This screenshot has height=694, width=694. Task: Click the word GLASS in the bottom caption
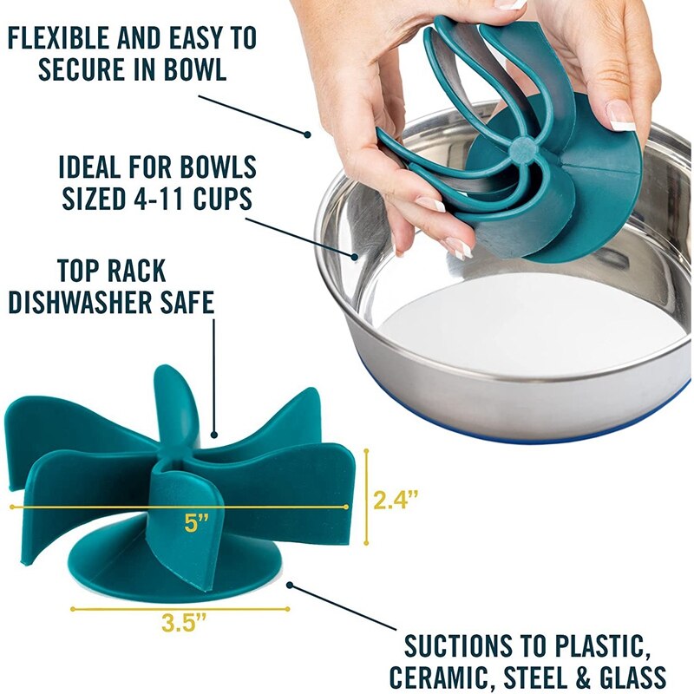[632, 677]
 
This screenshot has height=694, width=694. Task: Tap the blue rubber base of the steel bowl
[538, 426]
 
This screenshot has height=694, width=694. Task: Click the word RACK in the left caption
[143, 271]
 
